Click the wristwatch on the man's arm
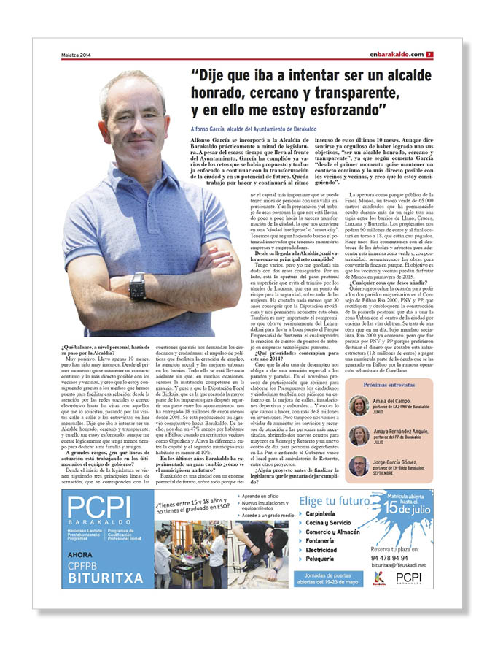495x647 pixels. click(x=136, y=286)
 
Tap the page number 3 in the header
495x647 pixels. click(x=431, y=54)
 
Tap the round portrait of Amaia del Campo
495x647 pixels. click(x=358, y=405)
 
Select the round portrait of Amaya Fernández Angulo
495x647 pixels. click(x=358, y=436)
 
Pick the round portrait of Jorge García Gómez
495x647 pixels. click(x=358, y=466)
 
